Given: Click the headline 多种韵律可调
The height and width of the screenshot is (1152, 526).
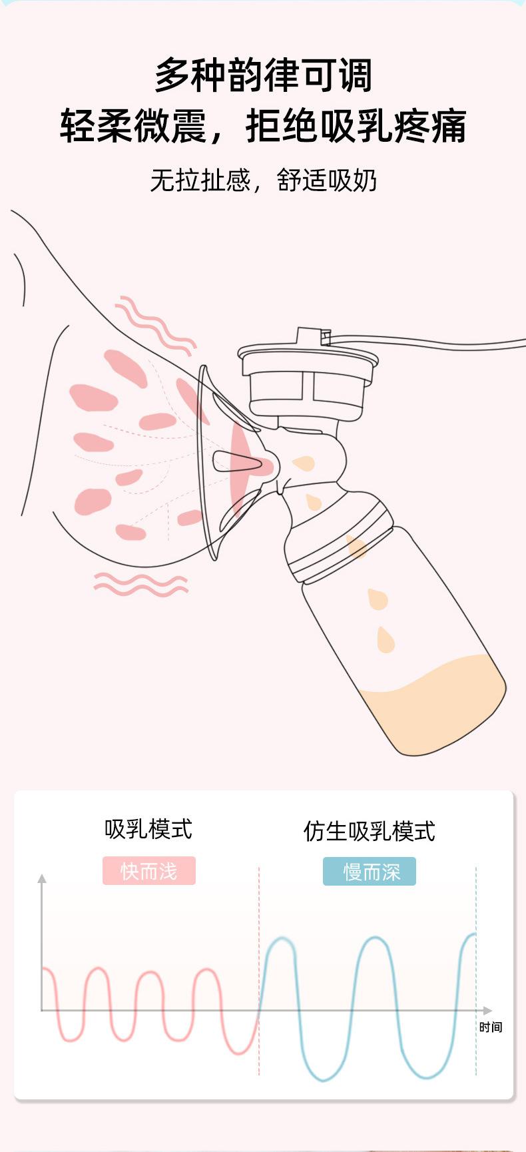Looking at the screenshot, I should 263,75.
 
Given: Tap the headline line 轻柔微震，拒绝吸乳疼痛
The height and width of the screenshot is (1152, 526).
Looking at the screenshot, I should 263,126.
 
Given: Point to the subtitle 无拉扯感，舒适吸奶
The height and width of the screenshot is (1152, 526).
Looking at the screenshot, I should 263,180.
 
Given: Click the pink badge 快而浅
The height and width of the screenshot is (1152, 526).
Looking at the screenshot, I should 149,871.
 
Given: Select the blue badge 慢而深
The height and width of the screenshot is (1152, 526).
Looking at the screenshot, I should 370,872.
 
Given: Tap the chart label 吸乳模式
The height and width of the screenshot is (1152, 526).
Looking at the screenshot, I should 148,830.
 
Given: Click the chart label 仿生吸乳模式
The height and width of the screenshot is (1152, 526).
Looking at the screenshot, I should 370,831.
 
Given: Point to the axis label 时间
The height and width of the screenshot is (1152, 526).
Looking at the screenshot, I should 491,1027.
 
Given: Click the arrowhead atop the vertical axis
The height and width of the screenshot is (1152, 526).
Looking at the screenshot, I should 42,879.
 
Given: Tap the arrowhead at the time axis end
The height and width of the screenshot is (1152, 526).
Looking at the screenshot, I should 488,1010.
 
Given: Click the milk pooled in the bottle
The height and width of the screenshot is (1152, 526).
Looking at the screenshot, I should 433,706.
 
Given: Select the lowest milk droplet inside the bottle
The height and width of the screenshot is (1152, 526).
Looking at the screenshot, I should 385,640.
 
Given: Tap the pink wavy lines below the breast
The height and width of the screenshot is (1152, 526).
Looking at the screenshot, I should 140,584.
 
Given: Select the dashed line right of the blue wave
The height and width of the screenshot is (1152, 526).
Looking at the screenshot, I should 476,972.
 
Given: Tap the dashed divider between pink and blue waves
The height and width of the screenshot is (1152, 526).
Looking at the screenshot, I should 259,972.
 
